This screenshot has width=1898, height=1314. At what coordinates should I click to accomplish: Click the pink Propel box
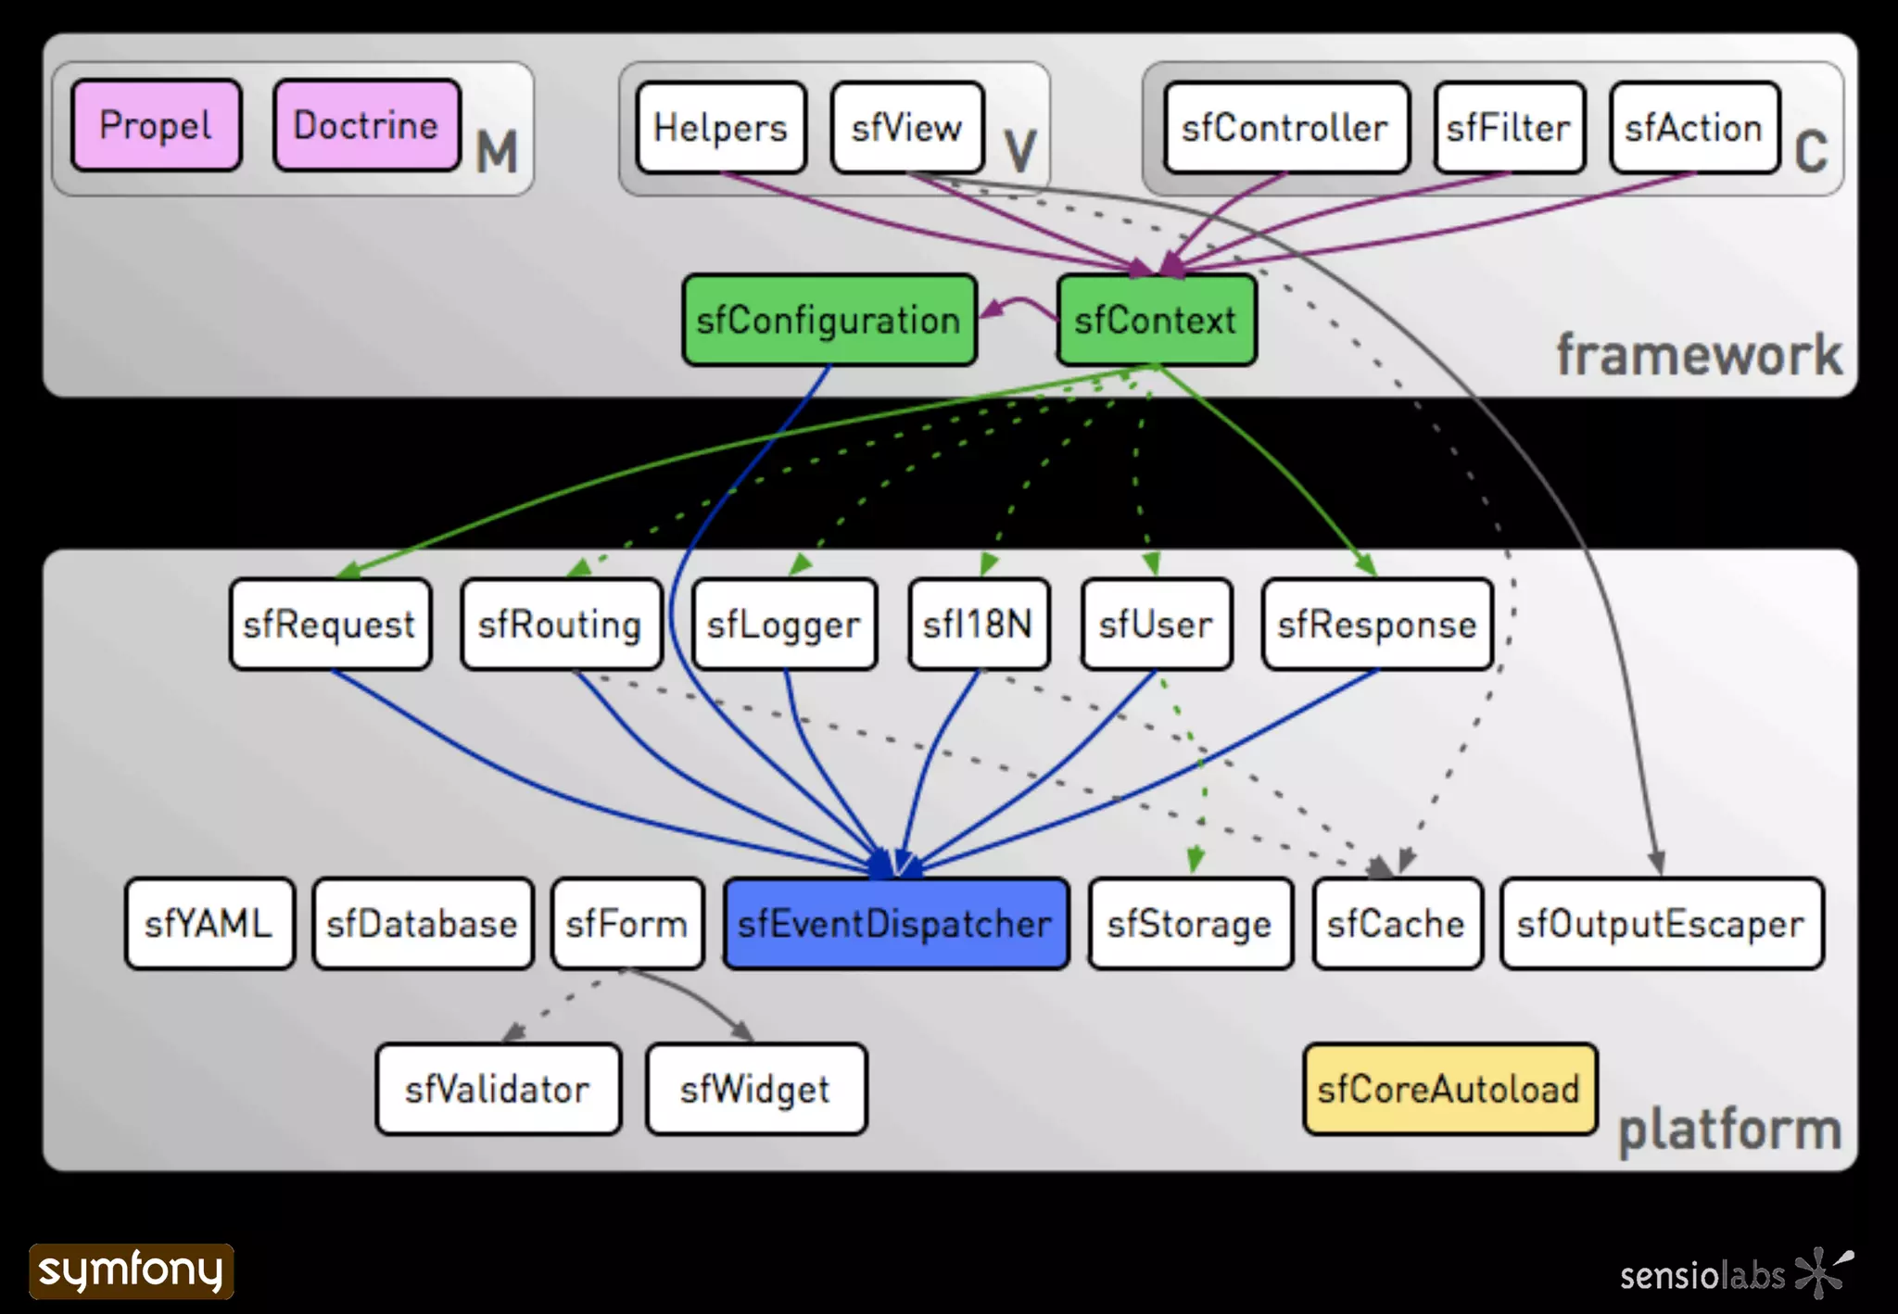point(157,125)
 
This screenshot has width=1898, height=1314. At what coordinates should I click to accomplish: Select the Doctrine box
point(367,125)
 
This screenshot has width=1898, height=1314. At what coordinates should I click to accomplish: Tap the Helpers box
point(721,128)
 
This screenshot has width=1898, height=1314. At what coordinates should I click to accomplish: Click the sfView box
point(907,128)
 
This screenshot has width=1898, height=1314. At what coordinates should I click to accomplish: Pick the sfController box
point(1285,128)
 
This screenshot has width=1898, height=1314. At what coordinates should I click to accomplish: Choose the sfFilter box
point(1509,128)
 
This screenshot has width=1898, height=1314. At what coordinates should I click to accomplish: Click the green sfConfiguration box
point(829,320)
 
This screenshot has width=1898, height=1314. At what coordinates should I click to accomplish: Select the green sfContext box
point(1156,320)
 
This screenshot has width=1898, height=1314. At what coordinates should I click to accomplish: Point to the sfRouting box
point(561,624)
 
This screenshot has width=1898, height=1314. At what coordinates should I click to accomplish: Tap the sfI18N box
point(979,624)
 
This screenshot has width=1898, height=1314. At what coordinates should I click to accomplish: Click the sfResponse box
point(1377,624)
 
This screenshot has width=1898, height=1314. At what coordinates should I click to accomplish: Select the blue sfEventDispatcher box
point(895,924)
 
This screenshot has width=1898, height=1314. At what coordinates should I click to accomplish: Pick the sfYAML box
point(209,924)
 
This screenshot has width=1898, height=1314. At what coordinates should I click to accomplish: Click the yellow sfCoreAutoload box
point(1449,1089)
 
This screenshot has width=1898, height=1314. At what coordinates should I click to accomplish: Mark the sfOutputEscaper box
point(1661,924)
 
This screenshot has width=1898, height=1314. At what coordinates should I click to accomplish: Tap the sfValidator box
point(498,1089)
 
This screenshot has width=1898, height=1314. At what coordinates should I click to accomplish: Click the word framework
point(1699,355)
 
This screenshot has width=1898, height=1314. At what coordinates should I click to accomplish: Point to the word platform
point(1729,1130)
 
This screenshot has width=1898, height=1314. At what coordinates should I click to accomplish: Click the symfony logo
point(132,1270)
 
